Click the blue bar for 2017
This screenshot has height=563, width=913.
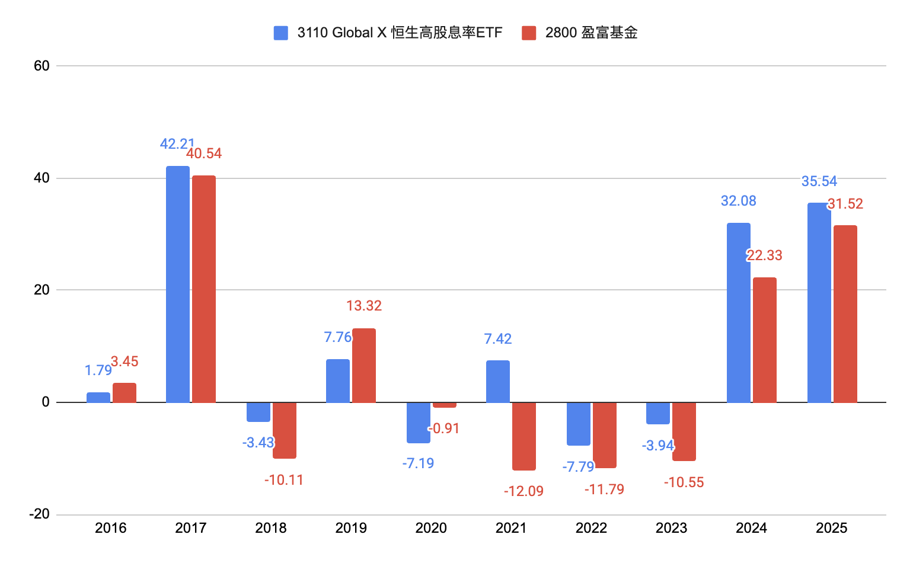pyautogui.click(x=178, y=284)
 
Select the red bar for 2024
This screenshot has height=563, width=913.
pyautogui.click(x=765, y=340)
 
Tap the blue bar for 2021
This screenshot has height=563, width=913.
pyautogui.click(x=498, y=382)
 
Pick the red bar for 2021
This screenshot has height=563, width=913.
pyautogui.click(x=524, y=436)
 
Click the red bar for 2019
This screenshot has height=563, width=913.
pyautogui.click(x=364, y=366)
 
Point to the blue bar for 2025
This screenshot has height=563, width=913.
pyautogui.click(x=819, y=303)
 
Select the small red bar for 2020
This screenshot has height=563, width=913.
pyautogui.click(x=445, y=405)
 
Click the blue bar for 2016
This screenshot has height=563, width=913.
pyautogui.click(x=98, y=398)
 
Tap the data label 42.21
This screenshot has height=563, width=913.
pyautogui.click(x=177, y=144)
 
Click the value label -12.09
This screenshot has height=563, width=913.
pyautogui.click(x=523, y=491)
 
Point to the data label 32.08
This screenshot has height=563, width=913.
pyautogui.click(x=739, y=201)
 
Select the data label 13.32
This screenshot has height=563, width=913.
pyautogui.click(x=364, y=306)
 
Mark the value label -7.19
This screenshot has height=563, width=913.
pyautogui.click(x=418, y=463)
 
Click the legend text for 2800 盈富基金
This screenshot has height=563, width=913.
pyautogui.click(x=591, y=33)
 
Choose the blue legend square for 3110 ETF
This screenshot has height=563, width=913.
pyautogui.click(x=281, y=33)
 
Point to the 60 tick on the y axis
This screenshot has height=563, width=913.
pyautogui.click(x=41, y=66)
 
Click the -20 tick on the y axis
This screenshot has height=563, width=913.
pyautogui.click(x=39, y=514)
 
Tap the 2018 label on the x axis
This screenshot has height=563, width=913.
pyautogui.click(x=271, y=528)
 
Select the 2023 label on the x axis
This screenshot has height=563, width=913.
pyautogui.click(x=671, y=528)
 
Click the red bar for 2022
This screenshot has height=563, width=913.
pyautogui.click(x=605, y=435)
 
